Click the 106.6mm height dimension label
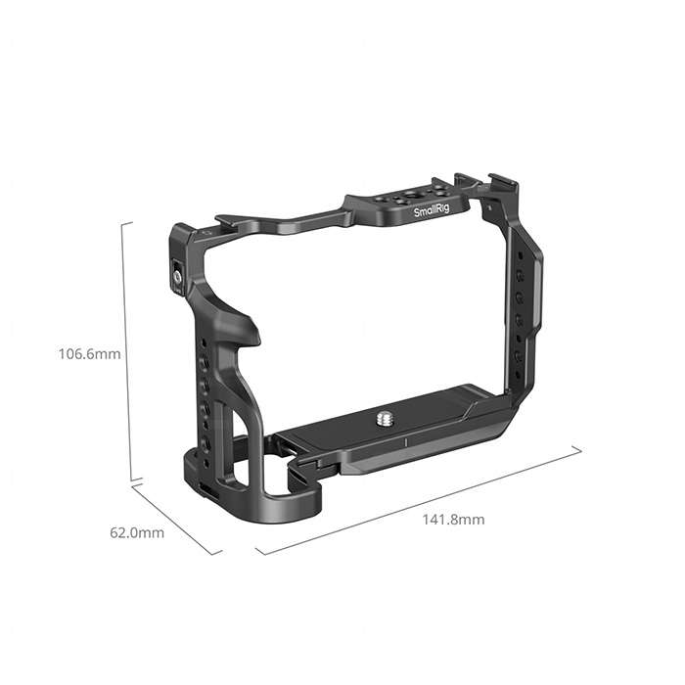coord(88,353)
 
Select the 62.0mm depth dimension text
coord(136,533)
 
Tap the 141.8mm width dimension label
coord(452,519)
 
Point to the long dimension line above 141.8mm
coord(421,501)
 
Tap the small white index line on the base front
coord(405,443)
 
